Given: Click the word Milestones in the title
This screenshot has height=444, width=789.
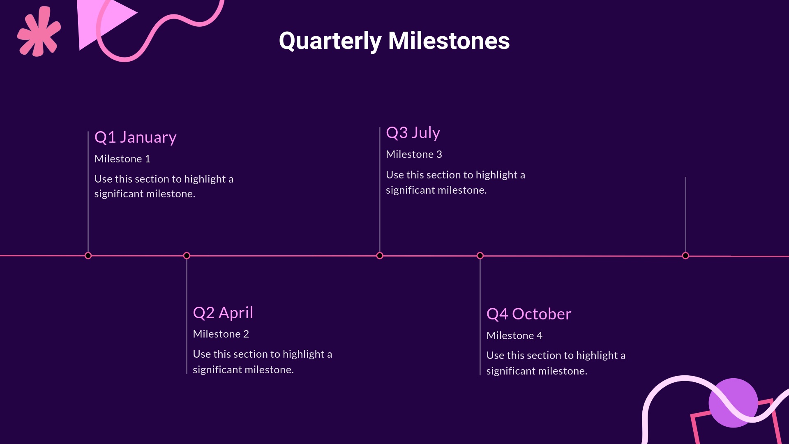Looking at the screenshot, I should click(x=449, y=41).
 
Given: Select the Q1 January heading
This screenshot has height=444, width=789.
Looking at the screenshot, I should click(x=135, y=137).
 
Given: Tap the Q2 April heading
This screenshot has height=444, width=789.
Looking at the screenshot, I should click(x=223, y=313).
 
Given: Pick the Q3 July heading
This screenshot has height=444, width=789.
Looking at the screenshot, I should click(x=413, y=133).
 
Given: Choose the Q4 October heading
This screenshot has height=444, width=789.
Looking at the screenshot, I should click(x=528, y=314).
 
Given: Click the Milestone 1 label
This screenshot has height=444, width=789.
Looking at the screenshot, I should click(x=122, y=159).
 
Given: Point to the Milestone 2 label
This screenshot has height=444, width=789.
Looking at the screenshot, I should click(x=221, y=334).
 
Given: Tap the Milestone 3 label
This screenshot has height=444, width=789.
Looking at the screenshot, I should click(x=414, y=155).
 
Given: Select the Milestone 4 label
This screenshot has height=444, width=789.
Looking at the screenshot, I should click(x=514, y=336).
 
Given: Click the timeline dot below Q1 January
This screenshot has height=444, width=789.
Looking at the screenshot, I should click(x=88, y=256).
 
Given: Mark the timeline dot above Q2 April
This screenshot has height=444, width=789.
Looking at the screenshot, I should click(x=187, y=256).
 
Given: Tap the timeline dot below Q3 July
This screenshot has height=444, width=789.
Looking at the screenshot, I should click(x=380, y=256).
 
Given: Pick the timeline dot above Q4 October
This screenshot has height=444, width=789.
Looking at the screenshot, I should click(x=480, y=256).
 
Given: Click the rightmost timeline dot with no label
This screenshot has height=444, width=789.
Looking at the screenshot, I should click(x=685, y=256).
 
